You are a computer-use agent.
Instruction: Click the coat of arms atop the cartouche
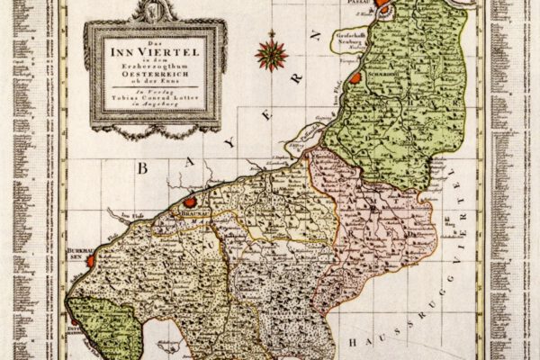153,11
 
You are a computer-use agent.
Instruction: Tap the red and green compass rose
269,51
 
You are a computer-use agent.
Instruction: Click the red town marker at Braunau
191,202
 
